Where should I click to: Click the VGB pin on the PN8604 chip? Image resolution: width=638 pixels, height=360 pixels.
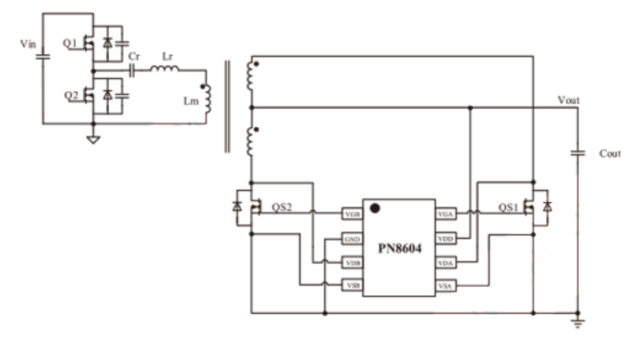[x=353, y=214]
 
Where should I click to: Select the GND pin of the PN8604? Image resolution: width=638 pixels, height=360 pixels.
[x=353, y=239]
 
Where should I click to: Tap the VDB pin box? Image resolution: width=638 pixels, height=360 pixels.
[x=353, y=262]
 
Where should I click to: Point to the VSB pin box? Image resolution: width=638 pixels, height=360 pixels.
[x=353, y=285]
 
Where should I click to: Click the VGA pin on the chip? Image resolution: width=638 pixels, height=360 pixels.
[x=446, y=214]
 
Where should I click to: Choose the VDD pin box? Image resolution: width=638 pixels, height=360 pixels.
[x=446, y=239]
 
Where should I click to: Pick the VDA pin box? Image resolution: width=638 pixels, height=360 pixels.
[x=446, y=262]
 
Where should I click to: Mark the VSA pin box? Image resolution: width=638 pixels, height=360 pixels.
[x=446, y=285]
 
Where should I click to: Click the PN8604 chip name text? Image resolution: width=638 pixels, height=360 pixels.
[x=399, y=248]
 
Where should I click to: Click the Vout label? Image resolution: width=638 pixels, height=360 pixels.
[x=568, y=99]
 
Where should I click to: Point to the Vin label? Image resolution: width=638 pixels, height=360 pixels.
[x=28, y=42]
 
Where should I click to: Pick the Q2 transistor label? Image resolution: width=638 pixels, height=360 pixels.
[x=71, y=95]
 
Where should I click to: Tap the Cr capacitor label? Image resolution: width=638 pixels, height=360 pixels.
[x=134, y=56]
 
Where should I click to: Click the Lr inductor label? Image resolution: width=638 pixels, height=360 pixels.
[x=167, y=56]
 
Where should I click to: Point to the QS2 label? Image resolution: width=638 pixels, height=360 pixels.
[x=280, y=208]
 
